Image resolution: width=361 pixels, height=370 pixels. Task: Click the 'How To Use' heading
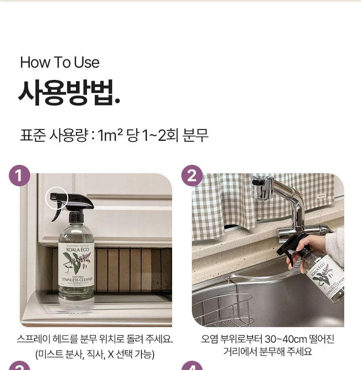(60, 63)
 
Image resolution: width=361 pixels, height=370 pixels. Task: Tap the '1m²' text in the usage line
(110, 136)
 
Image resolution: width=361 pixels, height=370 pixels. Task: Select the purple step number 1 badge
(19, 176)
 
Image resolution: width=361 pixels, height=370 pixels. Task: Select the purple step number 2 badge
(192, 176)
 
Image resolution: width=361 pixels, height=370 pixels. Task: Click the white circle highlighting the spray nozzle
(57, 198)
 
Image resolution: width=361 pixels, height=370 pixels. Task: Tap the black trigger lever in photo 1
(57, 212)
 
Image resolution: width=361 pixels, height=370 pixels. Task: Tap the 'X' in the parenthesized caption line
(111, 354)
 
